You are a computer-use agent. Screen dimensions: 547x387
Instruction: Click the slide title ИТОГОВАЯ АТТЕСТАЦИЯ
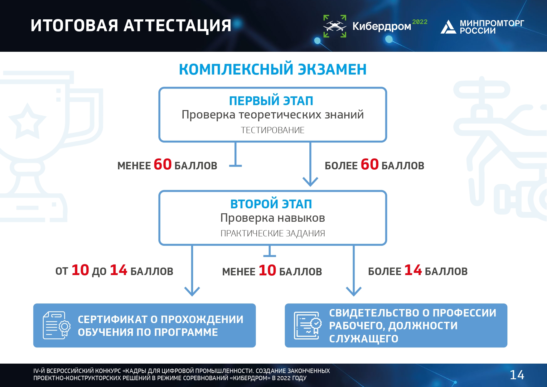pos(131,26)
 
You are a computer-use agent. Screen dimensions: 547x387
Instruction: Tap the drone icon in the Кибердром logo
pos(335,26)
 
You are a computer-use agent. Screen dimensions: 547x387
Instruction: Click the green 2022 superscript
pos(420,22)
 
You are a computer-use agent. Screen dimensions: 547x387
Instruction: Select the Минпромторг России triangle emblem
pos(448,27)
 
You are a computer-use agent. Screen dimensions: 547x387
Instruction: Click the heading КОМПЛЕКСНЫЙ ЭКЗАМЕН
pos(273,69)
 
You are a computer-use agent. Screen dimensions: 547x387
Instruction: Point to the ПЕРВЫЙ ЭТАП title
pos(271,101)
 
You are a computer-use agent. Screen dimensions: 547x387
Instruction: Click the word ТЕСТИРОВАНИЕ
pos(273,130)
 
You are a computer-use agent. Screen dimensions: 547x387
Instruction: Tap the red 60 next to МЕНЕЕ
pos(162,164)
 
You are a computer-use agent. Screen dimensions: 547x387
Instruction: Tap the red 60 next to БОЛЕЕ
pos(370,164)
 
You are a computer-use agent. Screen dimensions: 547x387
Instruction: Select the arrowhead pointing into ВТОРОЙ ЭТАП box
pos(310,182)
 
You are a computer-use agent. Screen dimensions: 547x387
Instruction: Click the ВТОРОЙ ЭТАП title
pos(271,204)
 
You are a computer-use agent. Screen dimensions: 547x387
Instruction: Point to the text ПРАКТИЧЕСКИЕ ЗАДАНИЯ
pos(273,233)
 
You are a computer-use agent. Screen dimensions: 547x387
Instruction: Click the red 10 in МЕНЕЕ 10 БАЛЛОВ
pos(267,270)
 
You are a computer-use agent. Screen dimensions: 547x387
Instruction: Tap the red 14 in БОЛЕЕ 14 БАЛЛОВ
pos(413,270)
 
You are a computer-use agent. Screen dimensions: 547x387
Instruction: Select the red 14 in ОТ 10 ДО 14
pos(119,270)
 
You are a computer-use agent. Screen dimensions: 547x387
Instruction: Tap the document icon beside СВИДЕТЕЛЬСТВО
pos(307,325)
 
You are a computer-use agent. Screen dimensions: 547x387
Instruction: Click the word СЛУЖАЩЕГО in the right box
pos(364,339)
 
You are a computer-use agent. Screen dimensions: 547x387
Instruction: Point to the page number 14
pos(517,375)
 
